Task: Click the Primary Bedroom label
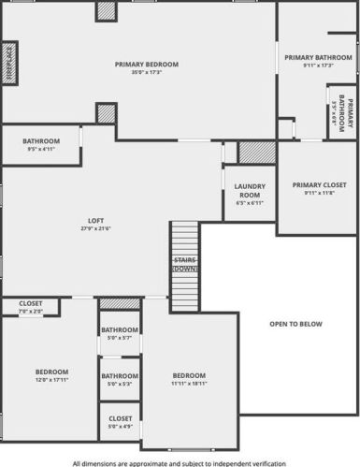147,65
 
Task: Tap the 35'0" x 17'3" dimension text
147,72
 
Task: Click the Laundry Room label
250,190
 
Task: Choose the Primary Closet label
319,185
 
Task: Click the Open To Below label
295,324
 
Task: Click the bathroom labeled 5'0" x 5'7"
121,333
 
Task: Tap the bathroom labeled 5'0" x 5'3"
121,379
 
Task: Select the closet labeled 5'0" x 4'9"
121,422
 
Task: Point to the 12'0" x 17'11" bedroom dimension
51,379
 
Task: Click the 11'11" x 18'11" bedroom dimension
190,384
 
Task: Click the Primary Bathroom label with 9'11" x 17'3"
319,61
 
